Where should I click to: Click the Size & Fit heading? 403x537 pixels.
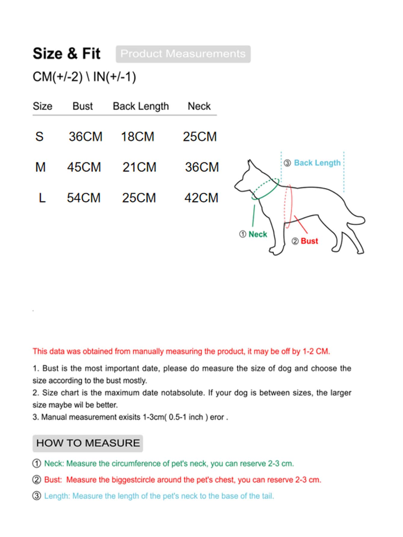tap(66, 54)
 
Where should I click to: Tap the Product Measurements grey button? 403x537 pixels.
tap(183, 54)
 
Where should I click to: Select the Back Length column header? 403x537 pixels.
tap(141, 106)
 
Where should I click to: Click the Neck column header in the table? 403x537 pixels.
tap(199, 106)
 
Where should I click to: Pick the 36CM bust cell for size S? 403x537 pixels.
tap(85, 137)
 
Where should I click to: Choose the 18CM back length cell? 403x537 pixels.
tap(137, 137)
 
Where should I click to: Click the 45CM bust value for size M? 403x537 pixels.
tap(84, 167)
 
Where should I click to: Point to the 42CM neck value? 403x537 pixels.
tap(201, 198)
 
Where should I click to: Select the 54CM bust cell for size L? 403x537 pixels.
tap(84, 198)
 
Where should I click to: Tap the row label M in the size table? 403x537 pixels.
tap(40, 167)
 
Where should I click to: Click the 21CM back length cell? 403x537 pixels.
tap(139, 167)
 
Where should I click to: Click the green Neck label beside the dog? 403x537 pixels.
tap(258, 234)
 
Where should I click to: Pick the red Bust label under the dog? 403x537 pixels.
tap(309, 241)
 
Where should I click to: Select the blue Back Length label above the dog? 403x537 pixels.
tap(317, 163)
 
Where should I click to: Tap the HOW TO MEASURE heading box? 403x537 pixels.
tap(88, 443)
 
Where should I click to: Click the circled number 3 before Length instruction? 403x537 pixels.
tap(37, 496)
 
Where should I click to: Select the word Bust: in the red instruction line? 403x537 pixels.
tap(53, 480)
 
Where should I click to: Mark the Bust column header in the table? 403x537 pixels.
tap(83, 106)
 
